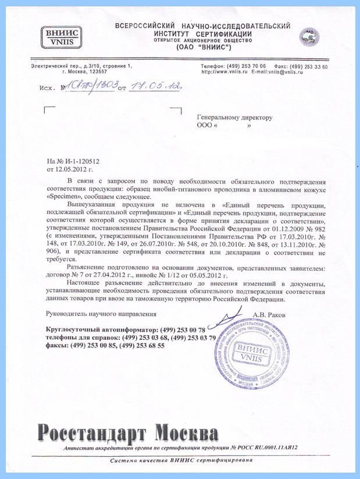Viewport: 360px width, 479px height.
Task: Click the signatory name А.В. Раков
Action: (x=270, y=314)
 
